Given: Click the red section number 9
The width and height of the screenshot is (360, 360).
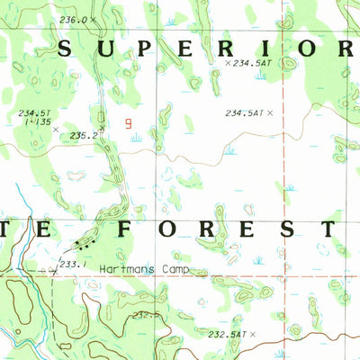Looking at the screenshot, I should (129, 126).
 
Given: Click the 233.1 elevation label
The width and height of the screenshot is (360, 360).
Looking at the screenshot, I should (72, 264).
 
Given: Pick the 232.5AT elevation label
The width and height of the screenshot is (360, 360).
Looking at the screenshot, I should (224, 334).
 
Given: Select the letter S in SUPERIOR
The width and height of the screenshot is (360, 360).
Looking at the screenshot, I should (65, 49).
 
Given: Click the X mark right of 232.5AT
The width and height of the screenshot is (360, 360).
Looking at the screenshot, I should (253, 334).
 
